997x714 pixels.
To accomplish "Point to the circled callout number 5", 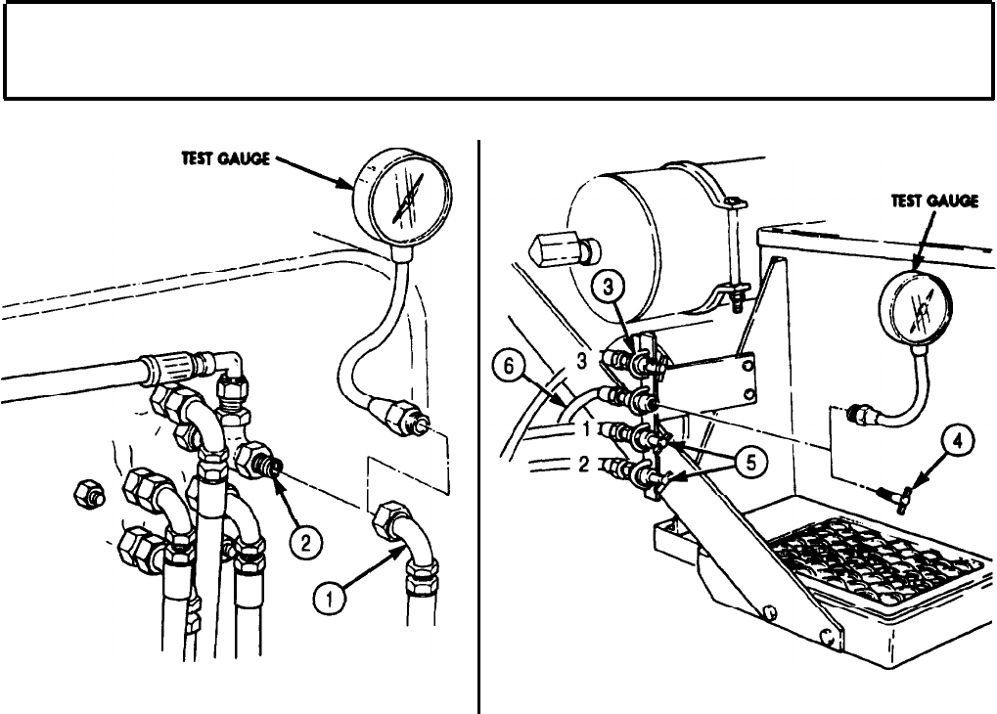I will click(749, 464).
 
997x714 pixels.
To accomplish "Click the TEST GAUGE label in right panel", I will click(933, 201).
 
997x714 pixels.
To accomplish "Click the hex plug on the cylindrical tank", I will click(554, 251).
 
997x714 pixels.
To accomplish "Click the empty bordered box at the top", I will click(498, 50).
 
